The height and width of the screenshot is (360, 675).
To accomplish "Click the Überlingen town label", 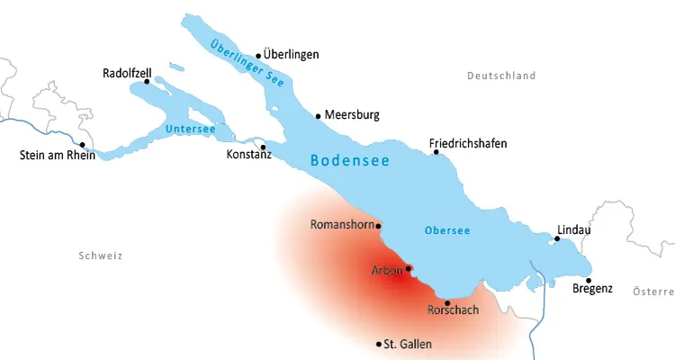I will click(x=292, y=55).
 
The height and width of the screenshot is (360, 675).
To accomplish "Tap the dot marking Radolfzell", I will click(x=148, y=82).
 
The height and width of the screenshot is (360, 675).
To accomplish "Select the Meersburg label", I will click(x=352, y=115).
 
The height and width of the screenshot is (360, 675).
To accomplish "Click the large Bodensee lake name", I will click(x=349, y=161).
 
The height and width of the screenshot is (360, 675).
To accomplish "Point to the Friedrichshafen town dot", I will click(x=436, y=152).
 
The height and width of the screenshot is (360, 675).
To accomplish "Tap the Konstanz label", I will click(x=249, y=154).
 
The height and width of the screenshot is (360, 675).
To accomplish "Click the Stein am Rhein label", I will click(x=57, y=155).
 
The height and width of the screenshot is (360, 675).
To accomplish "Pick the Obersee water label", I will click(x=446, y=230).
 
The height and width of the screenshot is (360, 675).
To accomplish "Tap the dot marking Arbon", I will click(x=409, y=268).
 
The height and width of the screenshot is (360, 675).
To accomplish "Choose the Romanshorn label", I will click(x=341, y=224).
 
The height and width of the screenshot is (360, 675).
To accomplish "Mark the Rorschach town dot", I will click(x=447, y=302).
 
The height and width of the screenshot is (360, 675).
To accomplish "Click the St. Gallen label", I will click(x=408, y=345).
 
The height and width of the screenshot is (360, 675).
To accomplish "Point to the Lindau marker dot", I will click(x=557, y=238).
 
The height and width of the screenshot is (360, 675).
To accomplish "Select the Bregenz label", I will click(x=592, y=289).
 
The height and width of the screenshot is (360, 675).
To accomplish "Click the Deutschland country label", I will click(x=501, y=76).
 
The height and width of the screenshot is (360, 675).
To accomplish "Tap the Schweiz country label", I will click(x=100, y=256).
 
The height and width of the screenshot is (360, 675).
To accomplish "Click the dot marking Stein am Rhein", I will click(x=82, y=145).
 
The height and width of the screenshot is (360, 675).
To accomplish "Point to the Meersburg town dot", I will click(x=318, y=115).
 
